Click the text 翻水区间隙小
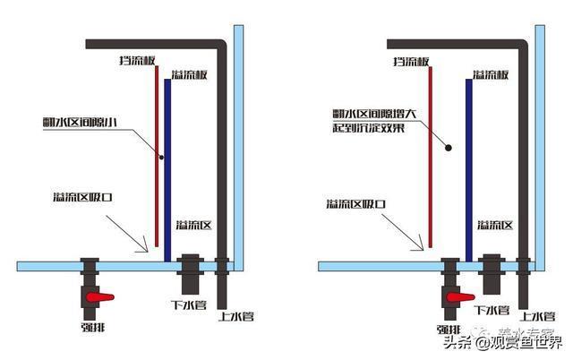[x=80, y=121]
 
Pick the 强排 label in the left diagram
[x=92, y=327]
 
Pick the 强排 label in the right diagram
[x=450, y=327]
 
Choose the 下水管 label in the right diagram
[x=492, y=309]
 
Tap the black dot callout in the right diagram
[x=450, y=147]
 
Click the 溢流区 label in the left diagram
[x=192, y=224]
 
